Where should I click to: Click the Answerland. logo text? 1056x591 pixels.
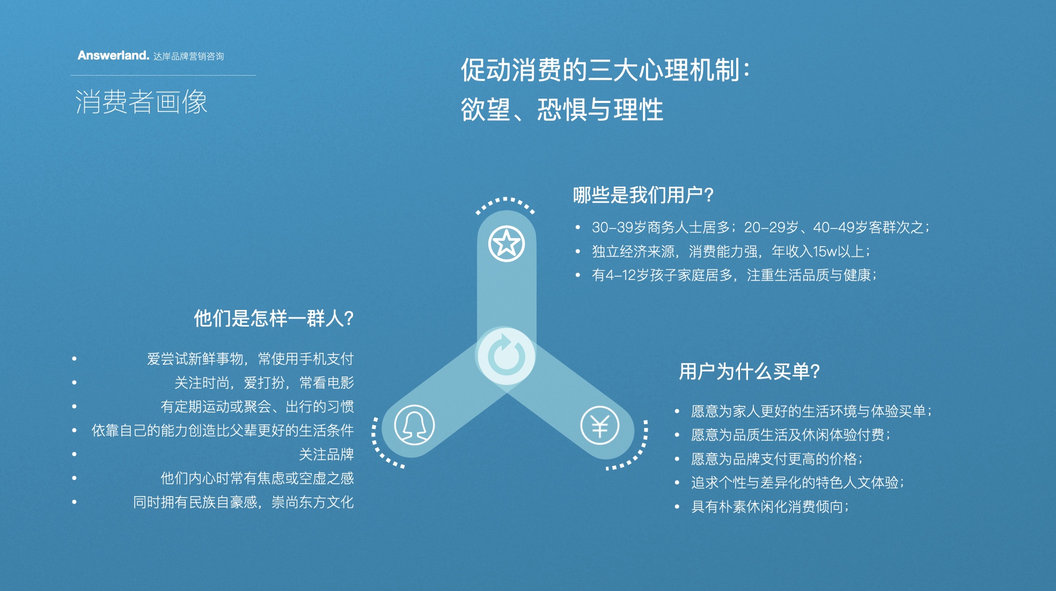coord(113,55)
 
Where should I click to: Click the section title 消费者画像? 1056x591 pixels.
coord(141,101)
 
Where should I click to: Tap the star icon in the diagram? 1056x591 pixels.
coord(506,243)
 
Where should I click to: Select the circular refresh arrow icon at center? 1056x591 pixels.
coord(506,356)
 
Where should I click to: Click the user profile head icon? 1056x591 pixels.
coord(414,425)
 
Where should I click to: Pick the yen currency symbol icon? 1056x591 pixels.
coord(600,425)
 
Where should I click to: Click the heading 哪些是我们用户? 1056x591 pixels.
coord(643,195)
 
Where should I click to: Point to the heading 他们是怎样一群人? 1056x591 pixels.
coord(274,318)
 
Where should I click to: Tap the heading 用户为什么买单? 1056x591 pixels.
coord(749,371)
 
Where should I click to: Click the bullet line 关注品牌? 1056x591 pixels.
coord(326,454)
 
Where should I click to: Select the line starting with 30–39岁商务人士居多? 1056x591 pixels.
coord(760,227)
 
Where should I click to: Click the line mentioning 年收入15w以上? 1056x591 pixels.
coord(731,251)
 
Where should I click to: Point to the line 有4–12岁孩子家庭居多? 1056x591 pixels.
coord(734,275)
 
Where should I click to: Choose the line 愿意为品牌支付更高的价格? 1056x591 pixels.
coord(777,459)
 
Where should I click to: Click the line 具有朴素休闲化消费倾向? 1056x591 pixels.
coord(770,506)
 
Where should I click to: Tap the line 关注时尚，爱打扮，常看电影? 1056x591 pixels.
coord(264,382)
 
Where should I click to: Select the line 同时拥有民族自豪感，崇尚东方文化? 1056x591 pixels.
coord(244,502)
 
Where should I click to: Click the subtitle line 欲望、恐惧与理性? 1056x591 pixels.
coord(562,110)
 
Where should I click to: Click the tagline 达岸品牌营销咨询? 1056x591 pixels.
coord(188,56)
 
